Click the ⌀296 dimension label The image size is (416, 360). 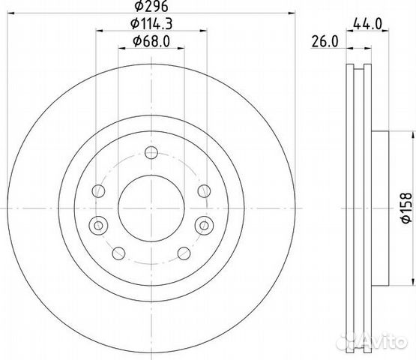pos(151,6)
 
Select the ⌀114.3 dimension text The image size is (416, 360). pos(151,24)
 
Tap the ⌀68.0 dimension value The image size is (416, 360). pos(151,42)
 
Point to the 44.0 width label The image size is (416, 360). pos(367,25)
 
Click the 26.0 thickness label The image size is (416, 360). pos(325,42)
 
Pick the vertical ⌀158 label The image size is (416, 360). pos(406,208)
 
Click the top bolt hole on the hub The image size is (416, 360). pos(151,153)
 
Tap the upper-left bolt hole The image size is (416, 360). pos(98,191)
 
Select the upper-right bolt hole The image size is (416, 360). pos(205,191)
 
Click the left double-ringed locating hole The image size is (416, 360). pos(98,226)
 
